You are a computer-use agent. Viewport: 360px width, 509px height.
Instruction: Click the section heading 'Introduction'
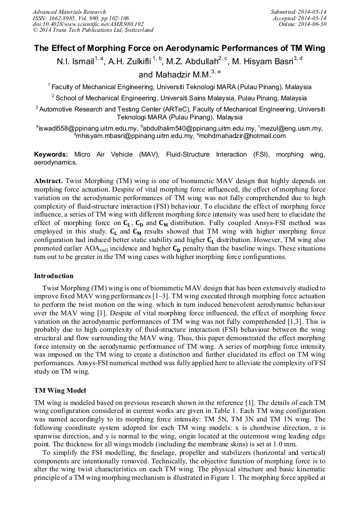point(54,276)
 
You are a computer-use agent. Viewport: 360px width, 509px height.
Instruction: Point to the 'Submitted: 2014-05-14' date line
point(298,12)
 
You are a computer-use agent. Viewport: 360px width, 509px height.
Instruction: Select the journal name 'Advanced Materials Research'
point(69,12)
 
